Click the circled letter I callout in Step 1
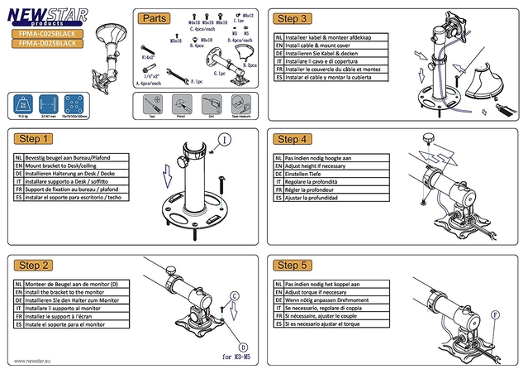click(x=224, y=141)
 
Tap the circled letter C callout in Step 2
click(x=234, y=295)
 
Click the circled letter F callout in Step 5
click(x=496, y=314)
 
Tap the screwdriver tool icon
click(x=150, y=104)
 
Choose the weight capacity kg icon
click(x=22, y=103)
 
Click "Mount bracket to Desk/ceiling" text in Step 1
click(x=69, y=165)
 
